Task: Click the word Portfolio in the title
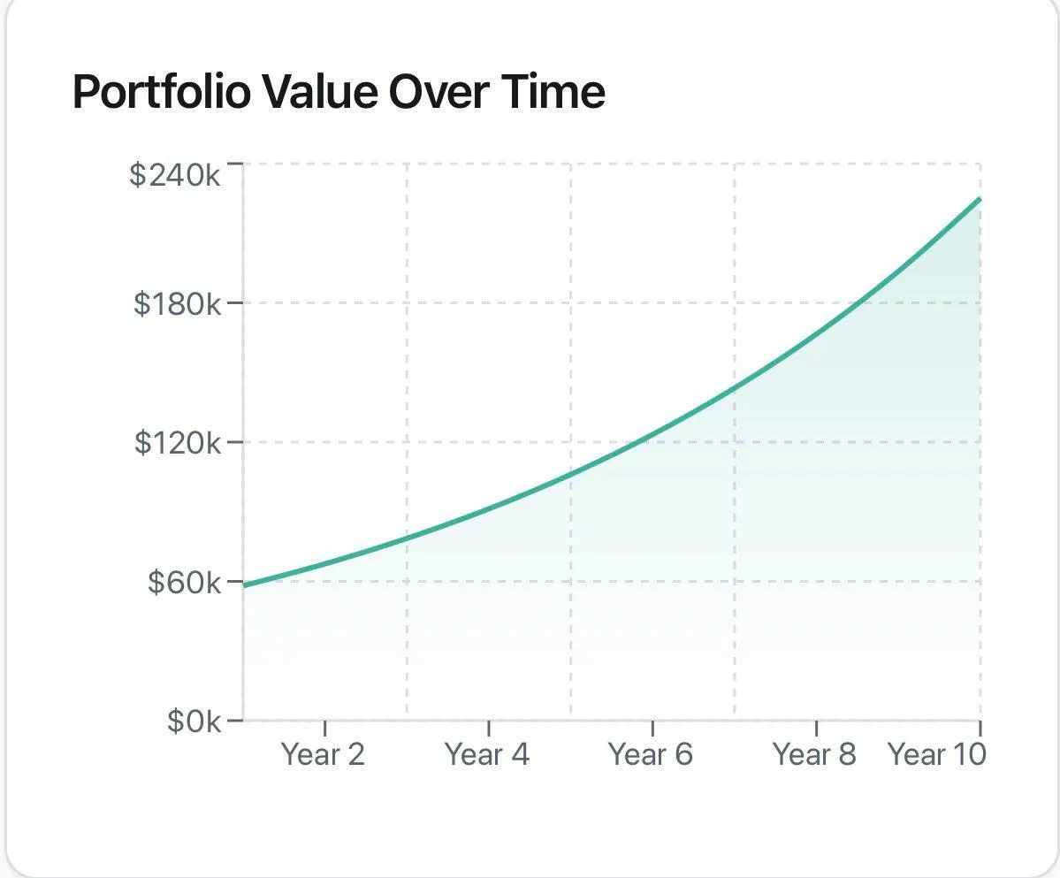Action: pos(161,92)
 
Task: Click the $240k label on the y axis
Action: pos(175,174)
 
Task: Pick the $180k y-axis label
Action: pos(177,303)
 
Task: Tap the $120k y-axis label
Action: pos(177,442)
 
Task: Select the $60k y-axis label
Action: pos(184,582)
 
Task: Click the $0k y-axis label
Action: pos(194,721)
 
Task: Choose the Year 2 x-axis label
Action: pos(323,754)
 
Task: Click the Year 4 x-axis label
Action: pos(487,754)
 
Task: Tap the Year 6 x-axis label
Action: pos(651,754)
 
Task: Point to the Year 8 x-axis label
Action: pos(814,754)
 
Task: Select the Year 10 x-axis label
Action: pos(936,754)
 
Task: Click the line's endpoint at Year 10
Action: pos(980,200)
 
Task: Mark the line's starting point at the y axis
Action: pos(245,585)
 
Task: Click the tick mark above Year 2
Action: pos(324,728)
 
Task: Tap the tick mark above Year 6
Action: pos(652,728)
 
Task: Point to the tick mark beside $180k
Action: pos(234,303)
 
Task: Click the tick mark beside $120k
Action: pos(234,442)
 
